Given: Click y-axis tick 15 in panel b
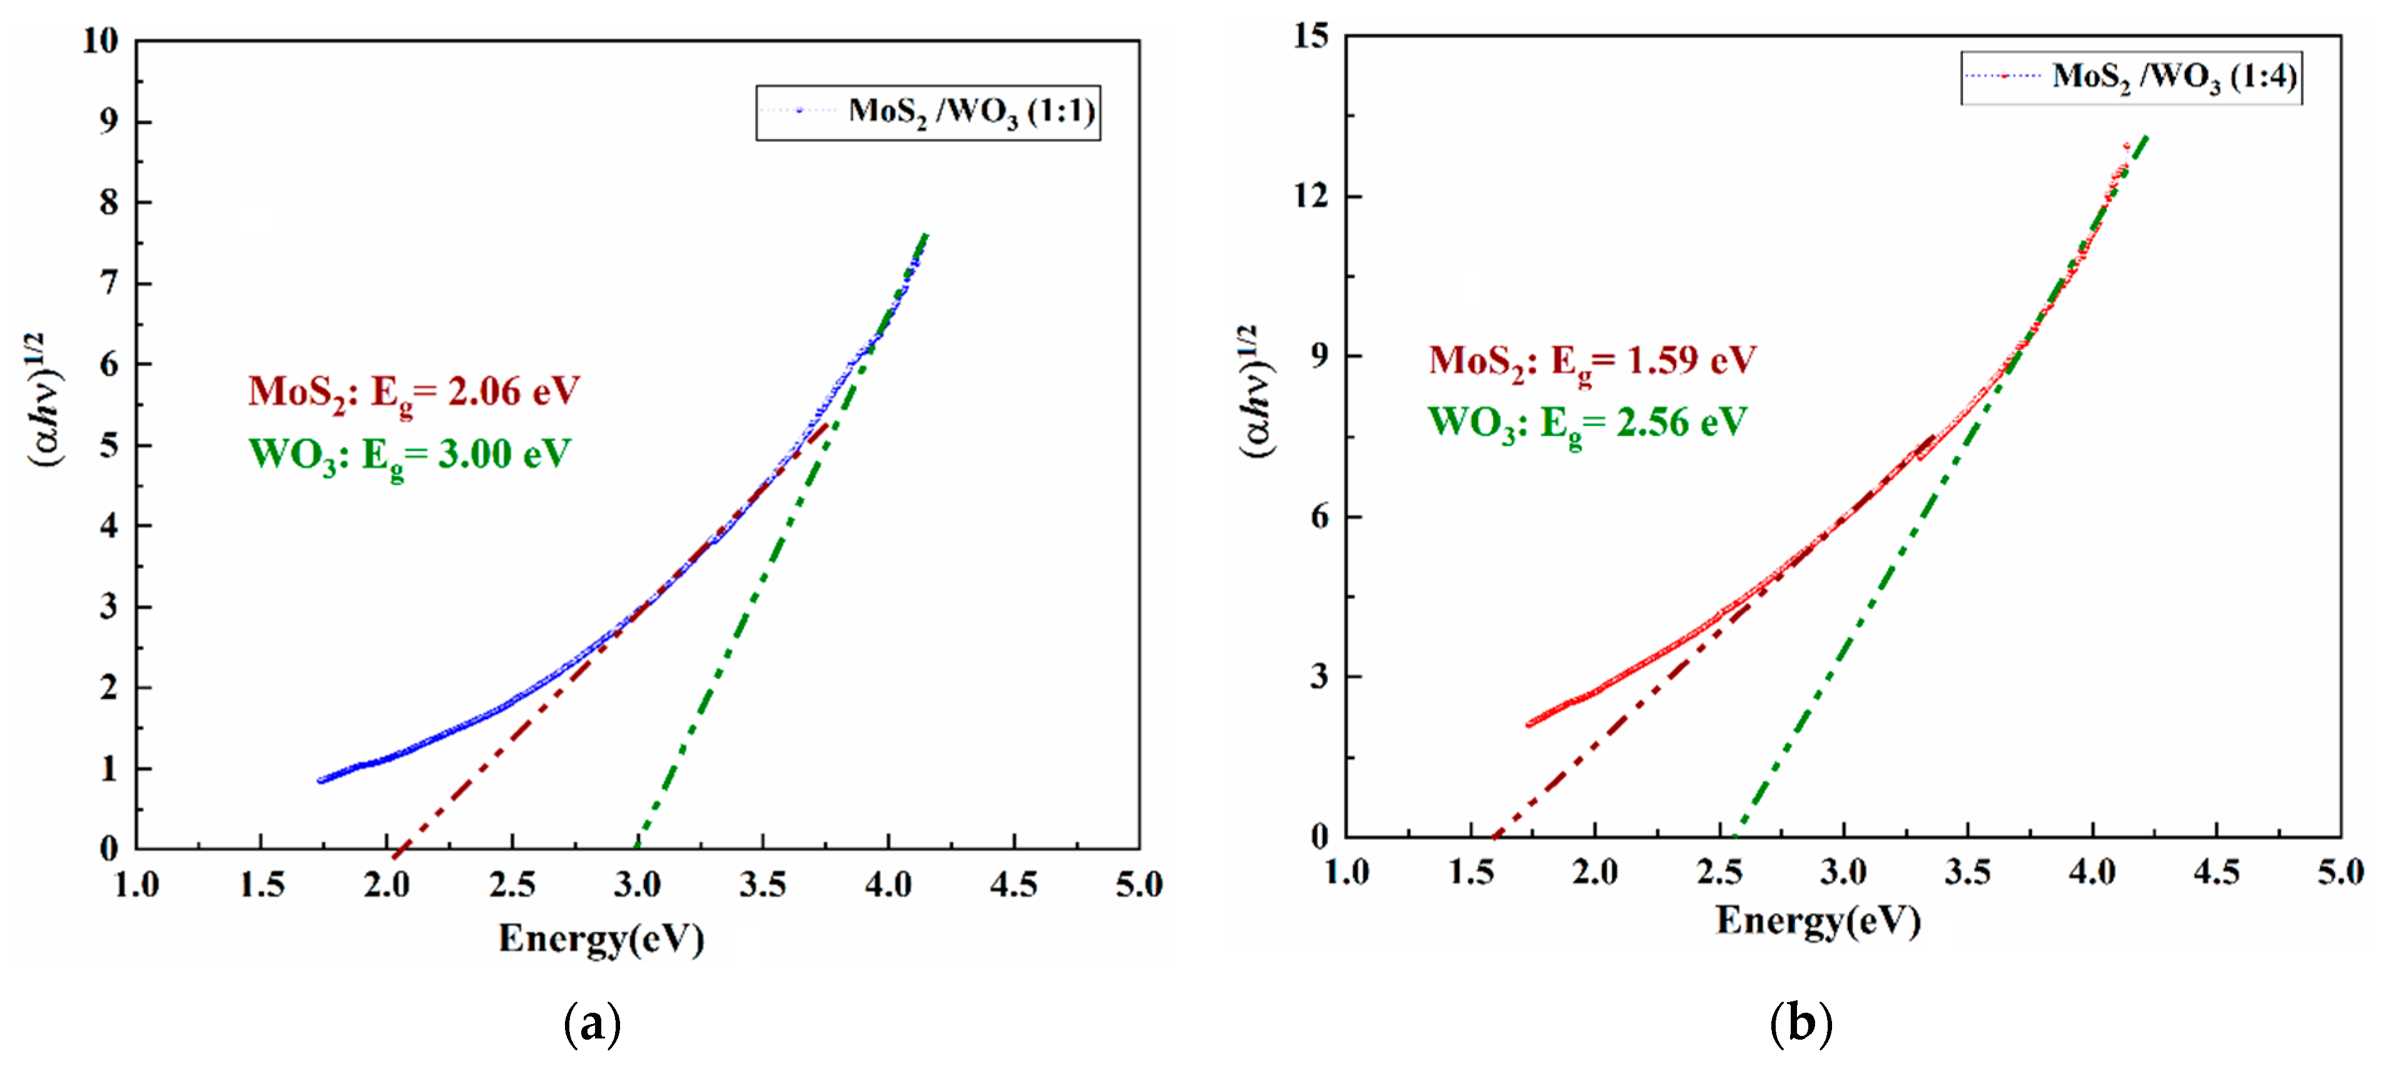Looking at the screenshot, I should tap(1310, 37).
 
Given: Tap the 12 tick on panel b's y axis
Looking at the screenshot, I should tap(1310, 197).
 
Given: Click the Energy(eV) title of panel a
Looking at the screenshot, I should tap(601, 939).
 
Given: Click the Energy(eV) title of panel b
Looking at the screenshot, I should tap(1817, 921).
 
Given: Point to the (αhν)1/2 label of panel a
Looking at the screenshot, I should tap(44, 400).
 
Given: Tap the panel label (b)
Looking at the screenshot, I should tap(1801, 1023).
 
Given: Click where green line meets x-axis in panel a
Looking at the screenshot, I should tap(637, 847).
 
